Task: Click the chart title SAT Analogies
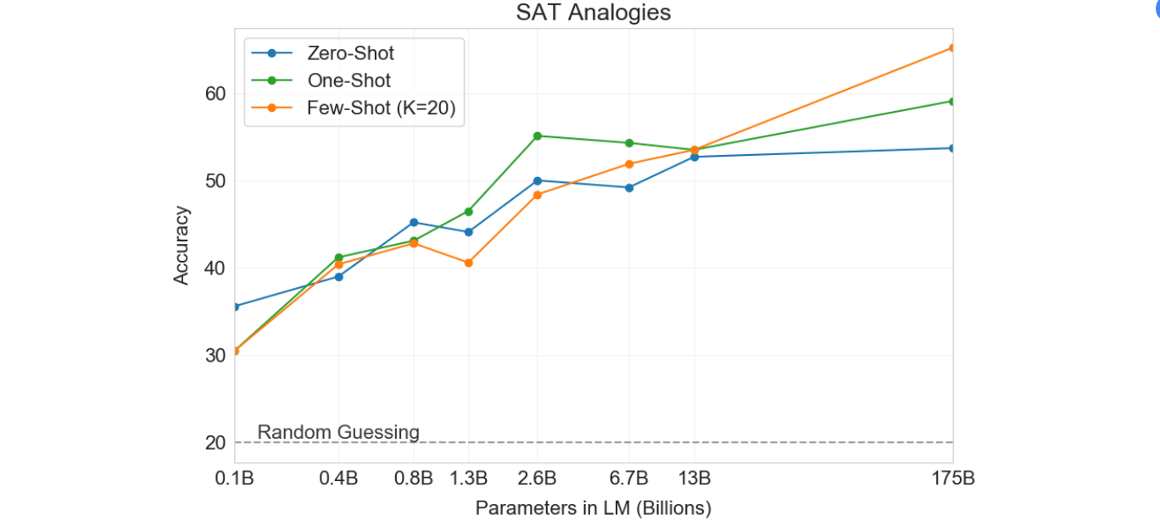point(593,13)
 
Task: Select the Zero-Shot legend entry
point(350,53)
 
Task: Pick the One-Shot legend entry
point(349,80)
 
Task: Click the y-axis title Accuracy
point(181,246)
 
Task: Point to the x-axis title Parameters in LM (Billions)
point(593,508)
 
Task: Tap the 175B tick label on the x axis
point(952,478)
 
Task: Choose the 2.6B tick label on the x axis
point(537,478)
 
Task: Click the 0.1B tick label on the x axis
point(234,478)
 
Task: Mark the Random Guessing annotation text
point(338,432)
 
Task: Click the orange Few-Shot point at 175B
point(952,47)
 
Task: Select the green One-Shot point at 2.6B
point(537,136)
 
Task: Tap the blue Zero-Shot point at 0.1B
point(235,306)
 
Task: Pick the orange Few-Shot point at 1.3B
point(468,263)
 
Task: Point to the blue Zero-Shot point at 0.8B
point(414,222)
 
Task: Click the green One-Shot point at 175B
point(952,101)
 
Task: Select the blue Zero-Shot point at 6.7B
point(629,187)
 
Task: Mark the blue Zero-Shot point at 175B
point(952,147)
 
